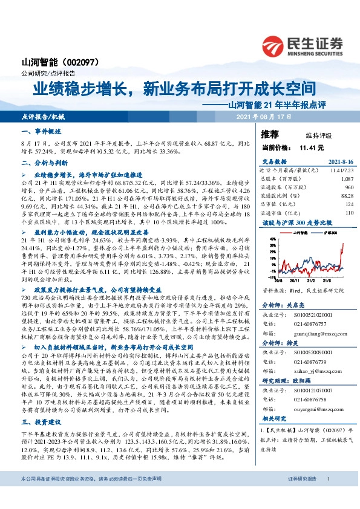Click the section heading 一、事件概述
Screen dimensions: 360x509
tap(42, 131)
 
